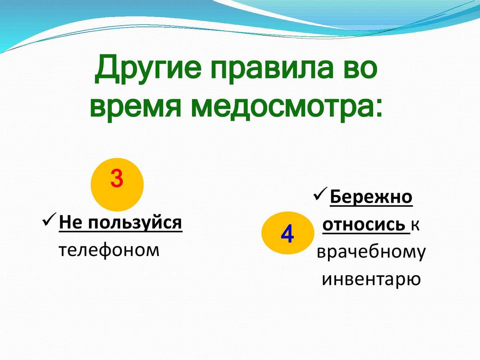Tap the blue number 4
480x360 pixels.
pyautogui.click(x=287, y=233)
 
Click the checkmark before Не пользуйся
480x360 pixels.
pyautogui.click(x=50, y=220)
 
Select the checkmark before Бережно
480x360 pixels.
pyautogui.click(x=320, y=194)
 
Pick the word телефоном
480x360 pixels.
pyautogui.click(x=109, y=250)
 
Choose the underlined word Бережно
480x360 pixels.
pyautogui.click(x=371, y=197)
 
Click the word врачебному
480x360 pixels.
pyautogui.click(x=371, y=252)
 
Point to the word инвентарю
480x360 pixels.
pyautogui.click(x=371, y=279)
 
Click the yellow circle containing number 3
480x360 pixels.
pyautogui.click(x=117, y=184)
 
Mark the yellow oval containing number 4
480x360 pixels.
pyautogui.click(x=288, y=233)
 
